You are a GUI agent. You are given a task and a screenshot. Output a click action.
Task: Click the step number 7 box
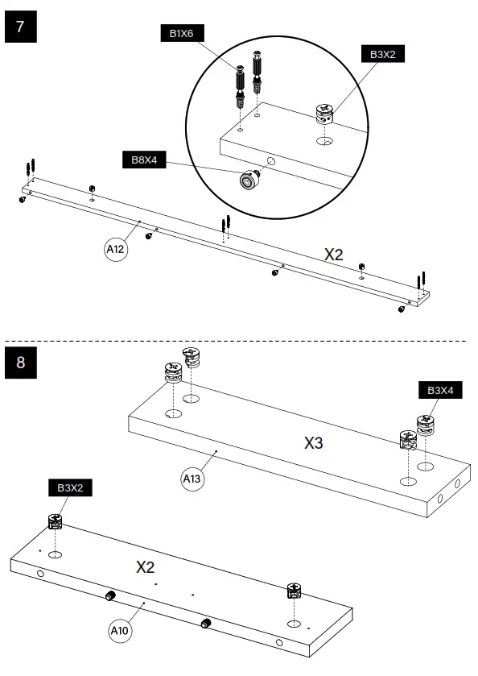[20, 27]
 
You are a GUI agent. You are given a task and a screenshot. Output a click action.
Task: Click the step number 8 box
[20, 362]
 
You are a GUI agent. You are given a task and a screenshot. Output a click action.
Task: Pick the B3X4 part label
[440, 390]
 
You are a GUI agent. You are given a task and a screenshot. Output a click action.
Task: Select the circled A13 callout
[192, 480]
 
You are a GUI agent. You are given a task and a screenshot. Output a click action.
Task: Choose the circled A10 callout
[119, 630]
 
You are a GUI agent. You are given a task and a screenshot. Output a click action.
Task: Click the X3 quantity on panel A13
[315, 442]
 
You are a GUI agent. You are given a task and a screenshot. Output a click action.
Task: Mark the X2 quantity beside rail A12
[334, 254]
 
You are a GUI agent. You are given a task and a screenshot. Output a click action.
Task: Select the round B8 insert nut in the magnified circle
[246, 179]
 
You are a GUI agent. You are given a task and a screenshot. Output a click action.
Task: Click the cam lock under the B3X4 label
[426, 425]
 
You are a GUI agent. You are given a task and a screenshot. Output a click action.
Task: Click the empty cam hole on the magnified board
[326, 141]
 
